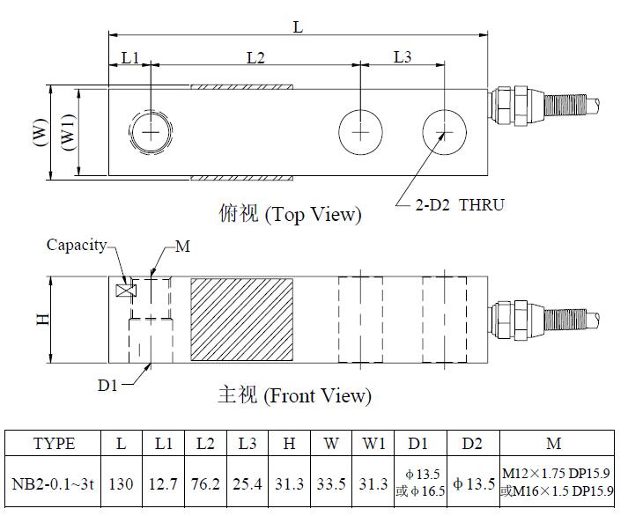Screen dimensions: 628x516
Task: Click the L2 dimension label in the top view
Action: pos(255,58)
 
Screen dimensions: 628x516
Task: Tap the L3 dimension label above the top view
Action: pos(403,57)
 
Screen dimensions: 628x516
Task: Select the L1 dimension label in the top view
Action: pos(129,58)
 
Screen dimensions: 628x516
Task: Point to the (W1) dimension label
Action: pos(69,132)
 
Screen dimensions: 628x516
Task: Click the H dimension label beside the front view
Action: pos(42,319)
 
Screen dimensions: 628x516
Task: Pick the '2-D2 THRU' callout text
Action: pos(460,205)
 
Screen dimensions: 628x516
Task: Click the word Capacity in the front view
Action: pos(77,245)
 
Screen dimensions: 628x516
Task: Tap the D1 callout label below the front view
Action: pos(107,385)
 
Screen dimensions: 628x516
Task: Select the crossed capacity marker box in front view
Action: pos(126,291)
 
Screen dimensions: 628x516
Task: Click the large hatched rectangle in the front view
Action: pos(241,320)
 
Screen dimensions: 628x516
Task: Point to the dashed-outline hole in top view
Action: pos(151,132)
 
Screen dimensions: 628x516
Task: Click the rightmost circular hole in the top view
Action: pos(444,132)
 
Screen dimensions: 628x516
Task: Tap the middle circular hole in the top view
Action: pos(360,132)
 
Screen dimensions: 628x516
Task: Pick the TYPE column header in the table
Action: pos(54,444)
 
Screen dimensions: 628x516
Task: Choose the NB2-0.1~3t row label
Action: pos(53,484)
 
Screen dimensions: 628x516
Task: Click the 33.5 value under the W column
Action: pos(331,484)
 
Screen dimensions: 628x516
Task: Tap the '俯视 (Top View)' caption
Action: pos(290,214)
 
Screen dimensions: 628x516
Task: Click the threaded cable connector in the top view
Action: pos(543,106)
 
